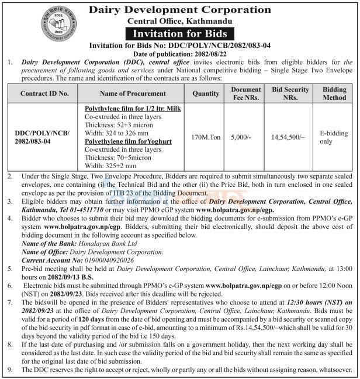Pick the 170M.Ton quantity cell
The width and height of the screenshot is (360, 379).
205,138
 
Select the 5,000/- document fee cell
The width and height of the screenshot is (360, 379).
241,138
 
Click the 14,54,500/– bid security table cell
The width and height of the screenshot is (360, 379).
286,138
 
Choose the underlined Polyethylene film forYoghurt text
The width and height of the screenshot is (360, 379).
124,141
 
